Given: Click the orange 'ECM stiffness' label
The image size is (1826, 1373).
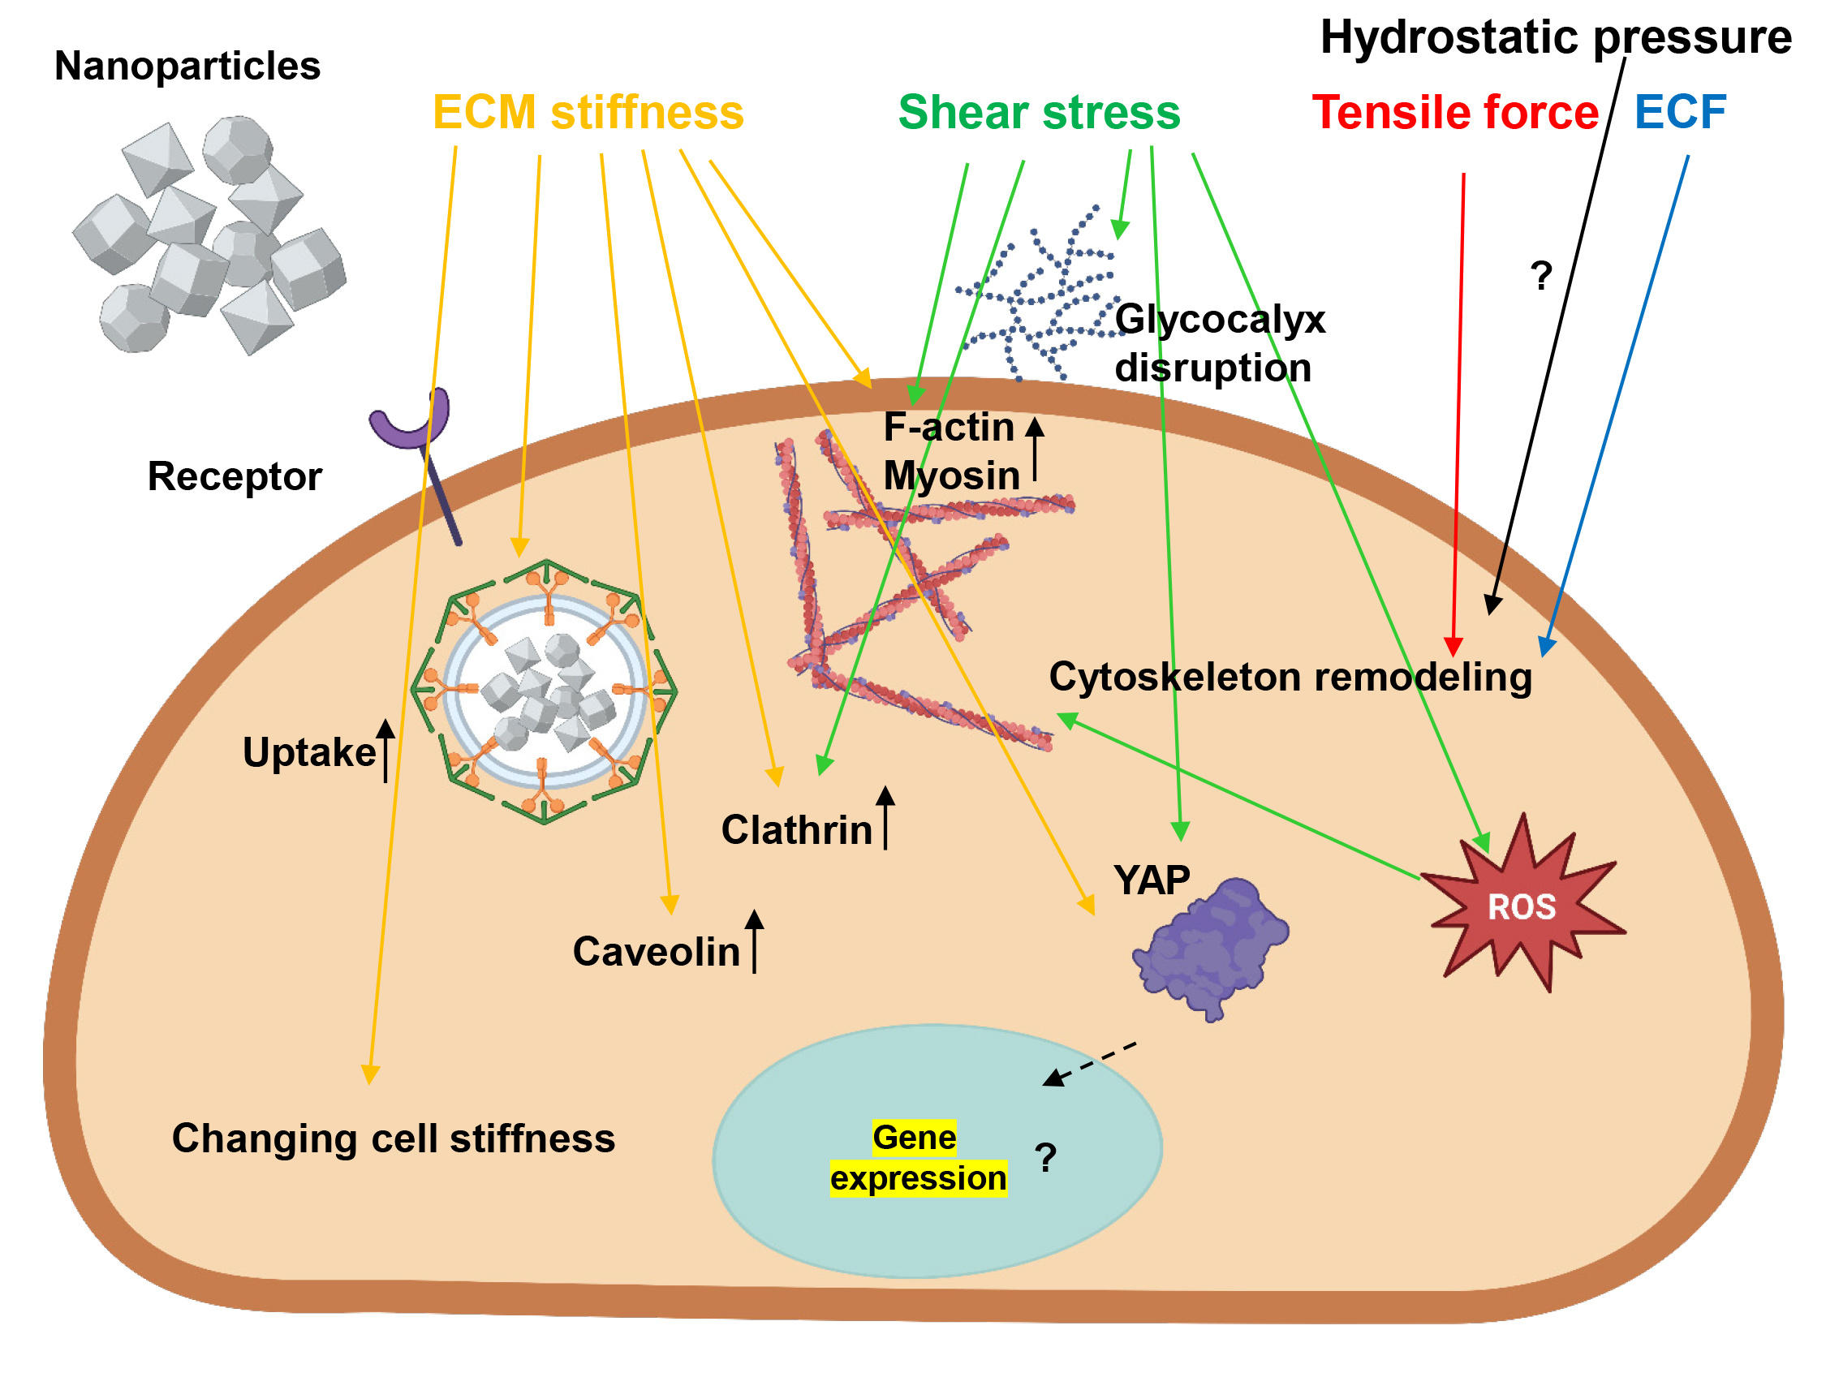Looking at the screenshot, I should click(588, 112).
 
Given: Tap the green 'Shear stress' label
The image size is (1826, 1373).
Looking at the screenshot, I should click(1039, 112).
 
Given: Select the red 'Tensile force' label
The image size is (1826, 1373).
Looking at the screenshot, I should click(1454, 112).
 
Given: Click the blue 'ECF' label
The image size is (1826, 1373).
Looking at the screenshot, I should click(1680, 112).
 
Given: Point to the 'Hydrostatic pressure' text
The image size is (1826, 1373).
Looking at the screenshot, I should click(1555, 37).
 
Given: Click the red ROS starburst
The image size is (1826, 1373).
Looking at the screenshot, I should click(1522, 906).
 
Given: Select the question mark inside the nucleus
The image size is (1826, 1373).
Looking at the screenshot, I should click(1045, 1157).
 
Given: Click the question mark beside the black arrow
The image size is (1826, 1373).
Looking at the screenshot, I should click(1540, 275).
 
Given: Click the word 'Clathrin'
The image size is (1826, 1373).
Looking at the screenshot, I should click(797, 830).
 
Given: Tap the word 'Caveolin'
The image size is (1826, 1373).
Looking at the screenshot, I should click(657, 952).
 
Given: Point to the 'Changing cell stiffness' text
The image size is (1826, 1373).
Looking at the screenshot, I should click(393, 1138).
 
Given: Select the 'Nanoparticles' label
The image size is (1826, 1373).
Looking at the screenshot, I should click(187, 66).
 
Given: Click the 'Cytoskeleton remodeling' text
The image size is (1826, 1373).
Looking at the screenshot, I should click(1290, 677).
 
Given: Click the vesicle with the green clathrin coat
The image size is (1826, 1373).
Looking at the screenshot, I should click(544, 692).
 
